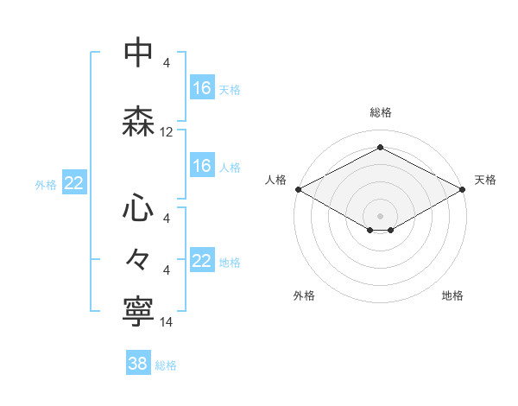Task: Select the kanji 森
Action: pyautogui.click(x=139, y=123)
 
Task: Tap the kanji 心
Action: pyautogui.click(x=139, y=207)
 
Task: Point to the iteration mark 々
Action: pyautogui.click(x=139, y=259)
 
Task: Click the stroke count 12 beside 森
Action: pyautogui.click(x=167, y=132)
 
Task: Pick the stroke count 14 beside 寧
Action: pyautogui.click(x=167, y=322)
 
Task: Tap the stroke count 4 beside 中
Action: pyautogui.click(x=167, y=63)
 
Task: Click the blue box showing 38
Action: pyautogui.click(x=138, y=364)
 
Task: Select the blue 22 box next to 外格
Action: pyautogui.click(x=74, y=183)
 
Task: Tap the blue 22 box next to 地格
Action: pyautogui.click(x=202, y=261)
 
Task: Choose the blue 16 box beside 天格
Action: pyautogui.click(x=202, y=88)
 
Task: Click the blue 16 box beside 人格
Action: pyautogui.click(x=202, y=166)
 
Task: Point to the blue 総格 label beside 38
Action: pyautogui.click(x=166, y=365)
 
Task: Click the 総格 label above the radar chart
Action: pyautogui.click(x=381, y=112)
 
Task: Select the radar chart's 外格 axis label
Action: pyautogui.click(x=304, y=295)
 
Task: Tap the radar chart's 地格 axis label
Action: pyautogui.click(x=452, y=295)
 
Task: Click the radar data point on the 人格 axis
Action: pyautogui.click(x=298, y=189)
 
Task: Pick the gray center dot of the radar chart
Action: pyautogui.click(x=380, y=215)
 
